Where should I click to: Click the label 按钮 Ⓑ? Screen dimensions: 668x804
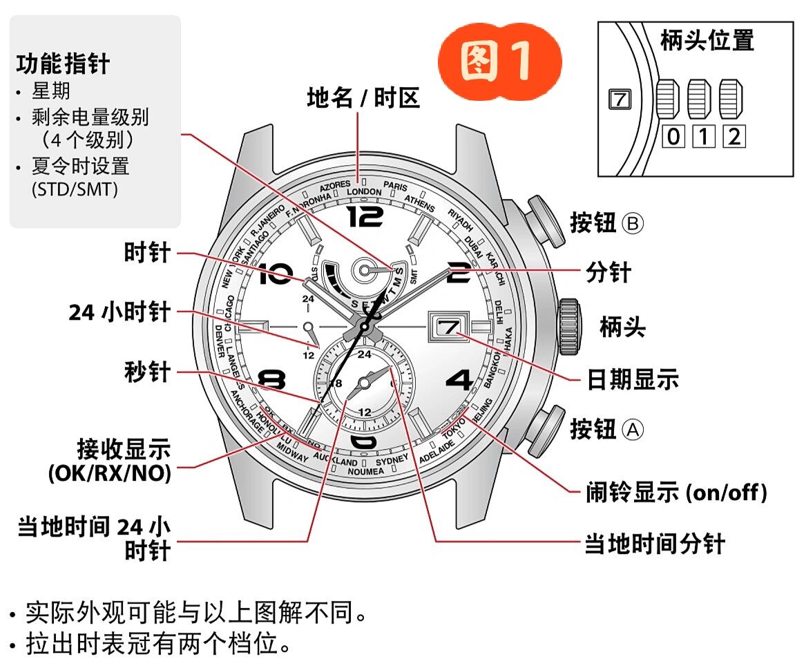606,223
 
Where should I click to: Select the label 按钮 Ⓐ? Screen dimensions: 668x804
606,429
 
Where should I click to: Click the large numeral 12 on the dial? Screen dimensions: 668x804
365,217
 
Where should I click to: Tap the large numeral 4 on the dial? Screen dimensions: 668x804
459,381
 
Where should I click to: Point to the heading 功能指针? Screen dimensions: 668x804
63,64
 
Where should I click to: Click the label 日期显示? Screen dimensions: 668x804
633,379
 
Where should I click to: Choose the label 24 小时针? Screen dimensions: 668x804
119,312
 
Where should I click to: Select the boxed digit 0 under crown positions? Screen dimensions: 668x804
673,137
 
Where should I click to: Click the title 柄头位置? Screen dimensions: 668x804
707,41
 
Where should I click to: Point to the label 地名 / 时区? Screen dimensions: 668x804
363,99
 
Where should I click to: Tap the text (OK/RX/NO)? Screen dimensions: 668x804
109,474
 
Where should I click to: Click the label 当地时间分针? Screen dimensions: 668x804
655,544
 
